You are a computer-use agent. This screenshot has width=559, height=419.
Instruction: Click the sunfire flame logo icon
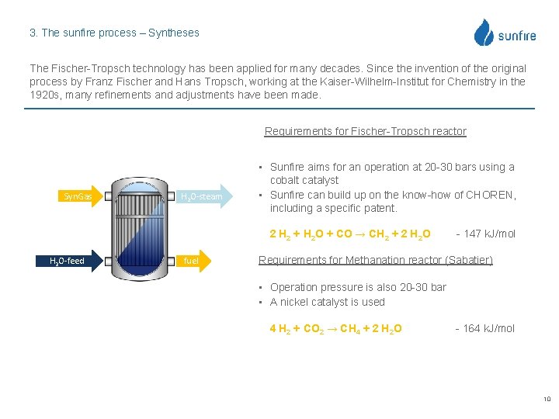(x=484, y=33)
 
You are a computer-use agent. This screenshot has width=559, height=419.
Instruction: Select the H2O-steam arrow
(x=204, y=196)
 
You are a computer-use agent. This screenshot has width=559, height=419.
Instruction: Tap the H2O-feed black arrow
(x=70, y=261)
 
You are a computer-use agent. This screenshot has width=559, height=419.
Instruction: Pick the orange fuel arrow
(x=197, y=261)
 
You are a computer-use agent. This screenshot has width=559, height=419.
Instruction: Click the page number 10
(x=547, y=400)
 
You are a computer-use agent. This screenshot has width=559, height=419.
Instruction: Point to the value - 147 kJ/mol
(x=486, y=234)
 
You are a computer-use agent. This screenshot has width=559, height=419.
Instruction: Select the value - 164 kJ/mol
(x=484, y=328)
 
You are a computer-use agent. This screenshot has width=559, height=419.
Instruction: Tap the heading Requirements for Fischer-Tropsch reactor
(x=365, y=131)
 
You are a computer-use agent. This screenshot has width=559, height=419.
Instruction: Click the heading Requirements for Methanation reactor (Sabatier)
(x=375, y=260)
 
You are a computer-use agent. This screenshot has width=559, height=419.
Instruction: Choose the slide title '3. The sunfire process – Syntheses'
(x=114, y=33)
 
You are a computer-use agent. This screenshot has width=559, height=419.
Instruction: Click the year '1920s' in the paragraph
(x=45, y=95)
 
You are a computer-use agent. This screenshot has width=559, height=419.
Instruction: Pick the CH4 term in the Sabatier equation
(x=350, y=329)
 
